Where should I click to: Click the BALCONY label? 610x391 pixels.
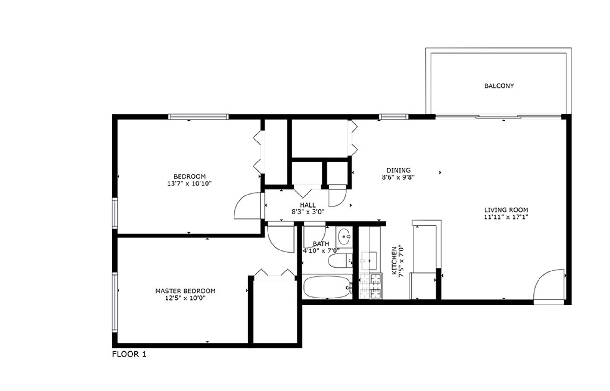point(499,86)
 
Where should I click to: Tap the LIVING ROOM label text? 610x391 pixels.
point(506,210)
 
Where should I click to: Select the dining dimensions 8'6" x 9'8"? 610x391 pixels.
point(398,177)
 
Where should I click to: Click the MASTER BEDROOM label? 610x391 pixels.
point(185,291)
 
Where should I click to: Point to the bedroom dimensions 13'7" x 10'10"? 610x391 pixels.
point(189,183)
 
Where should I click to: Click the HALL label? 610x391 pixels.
point(308,205)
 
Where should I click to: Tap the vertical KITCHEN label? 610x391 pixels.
point(394,261)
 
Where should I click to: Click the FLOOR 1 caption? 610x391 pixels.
point(129,354)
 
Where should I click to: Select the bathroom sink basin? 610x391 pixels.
point(344,236)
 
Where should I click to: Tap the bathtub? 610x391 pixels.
point(326,287)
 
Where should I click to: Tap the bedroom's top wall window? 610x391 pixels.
point(198,117)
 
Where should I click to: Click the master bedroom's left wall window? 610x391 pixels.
point(115,302)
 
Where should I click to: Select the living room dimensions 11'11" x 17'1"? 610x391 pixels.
point(506,217)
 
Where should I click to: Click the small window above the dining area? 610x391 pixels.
point(394,117)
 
